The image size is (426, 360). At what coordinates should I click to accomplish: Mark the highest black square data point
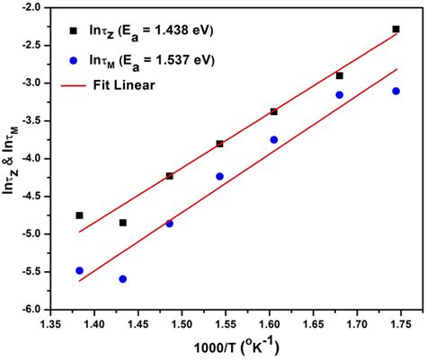coord(396,29)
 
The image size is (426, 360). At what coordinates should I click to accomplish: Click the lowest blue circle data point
coord(122,279)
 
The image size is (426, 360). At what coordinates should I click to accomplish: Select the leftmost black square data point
coord(79,215)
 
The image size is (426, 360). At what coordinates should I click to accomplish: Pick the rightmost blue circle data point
coord(396,91)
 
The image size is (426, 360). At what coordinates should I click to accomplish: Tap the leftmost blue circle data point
coord(79,270)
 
